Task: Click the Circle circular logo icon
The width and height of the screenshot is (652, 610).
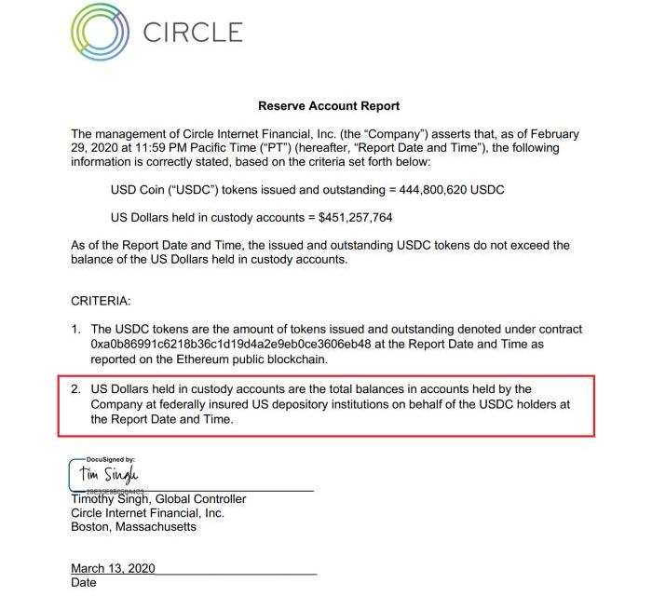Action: click(101, 33)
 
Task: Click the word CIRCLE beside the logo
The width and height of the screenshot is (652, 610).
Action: click(193, 33)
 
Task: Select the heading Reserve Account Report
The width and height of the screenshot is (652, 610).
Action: click(329, 106)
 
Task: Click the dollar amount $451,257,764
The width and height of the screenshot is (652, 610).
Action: click(355, 218)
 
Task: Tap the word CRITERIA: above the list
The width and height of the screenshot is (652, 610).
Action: click(101, 302)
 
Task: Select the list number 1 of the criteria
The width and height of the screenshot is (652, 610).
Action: click(75, 330)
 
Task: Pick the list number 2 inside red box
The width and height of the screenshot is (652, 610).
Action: click(75, 389)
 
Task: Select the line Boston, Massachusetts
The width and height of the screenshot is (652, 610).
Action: click(133, 526)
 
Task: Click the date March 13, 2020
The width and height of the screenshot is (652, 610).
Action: click(113, 568)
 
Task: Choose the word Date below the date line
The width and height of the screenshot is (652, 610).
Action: click(84, 583)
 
